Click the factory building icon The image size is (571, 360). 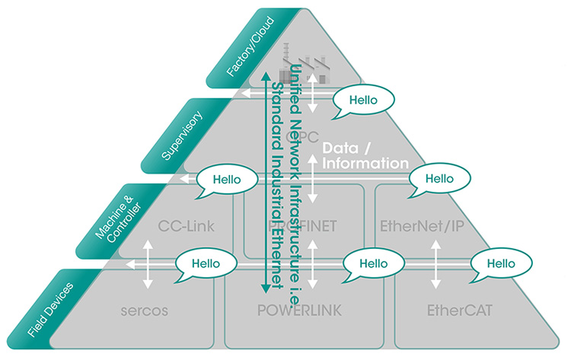(311, 72)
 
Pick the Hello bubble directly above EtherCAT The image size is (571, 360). (499, 263)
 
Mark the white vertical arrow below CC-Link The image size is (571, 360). (150, 263)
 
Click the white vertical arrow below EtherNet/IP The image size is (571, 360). (436, 263)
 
